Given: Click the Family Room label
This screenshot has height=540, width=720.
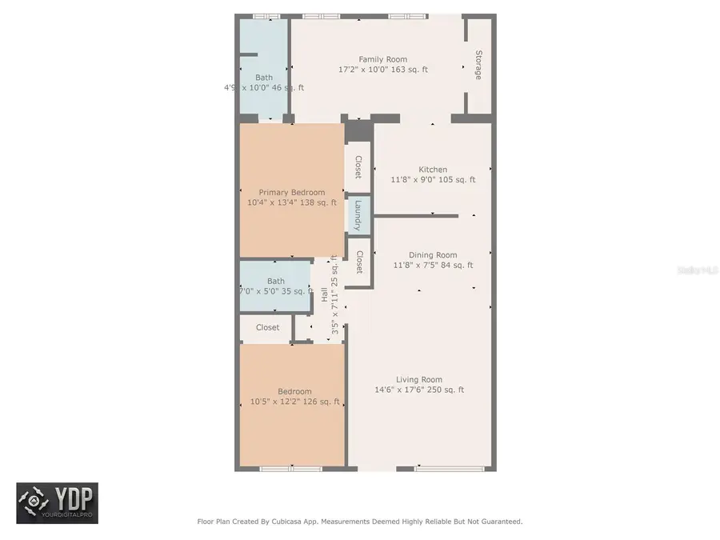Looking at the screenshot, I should [x=382, y=59].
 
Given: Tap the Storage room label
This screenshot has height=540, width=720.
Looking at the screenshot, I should [x=478, y=65].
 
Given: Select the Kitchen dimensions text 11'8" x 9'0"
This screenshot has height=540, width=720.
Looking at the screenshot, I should [x=417, y=180].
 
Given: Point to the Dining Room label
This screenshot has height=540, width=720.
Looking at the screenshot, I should [x=433, y=255].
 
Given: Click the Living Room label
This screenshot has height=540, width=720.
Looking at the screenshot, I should [x=419, y=380].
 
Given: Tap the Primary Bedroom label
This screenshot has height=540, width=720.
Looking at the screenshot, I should [x=291, y=192].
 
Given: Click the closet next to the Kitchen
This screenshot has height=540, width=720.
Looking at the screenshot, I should [x=358, y=167].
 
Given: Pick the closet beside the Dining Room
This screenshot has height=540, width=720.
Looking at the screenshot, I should [x=359, y=262].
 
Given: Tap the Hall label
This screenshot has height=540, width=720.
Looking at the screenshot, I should [x=325, y=294].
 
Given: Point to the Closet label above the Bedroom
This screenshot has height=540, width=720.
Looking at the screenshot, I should [x=267, y=327].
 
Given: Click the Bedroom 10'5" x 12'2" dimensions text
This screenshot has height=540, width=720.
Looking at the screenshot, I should [x=277, y=402].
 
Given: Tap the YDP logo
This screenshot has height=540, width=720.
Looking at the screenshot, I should [x=58, y=502].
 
